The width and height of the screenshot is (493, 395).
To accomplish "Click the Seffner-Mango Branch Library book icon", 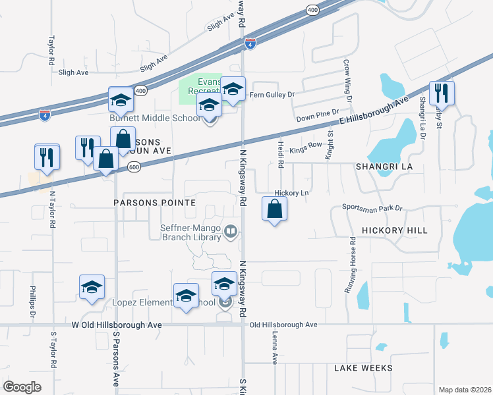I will point(231,231).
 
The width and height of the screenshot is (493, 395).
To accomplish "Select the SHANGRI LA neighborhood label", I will point(384,167).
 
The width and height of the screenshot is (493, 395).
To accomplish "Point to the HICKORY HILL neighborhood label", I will point(394,231).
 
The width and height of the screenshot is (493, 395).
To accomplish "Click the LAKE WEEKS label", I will point(362,368).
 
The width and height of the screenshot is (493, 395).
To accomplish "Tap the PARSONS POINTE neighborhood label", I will point(155,203).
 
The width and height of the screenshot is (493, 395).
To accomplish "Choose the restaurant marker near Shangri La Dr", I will point(442,93).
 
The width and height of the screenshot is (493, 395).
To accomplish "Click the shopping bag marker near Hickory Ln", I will point(274,210).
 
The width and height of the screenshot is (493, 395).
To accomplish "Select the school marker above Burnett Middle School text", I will point(121,101).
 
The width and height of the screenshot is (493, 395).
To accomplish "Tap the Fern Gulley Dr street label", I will point(272,95).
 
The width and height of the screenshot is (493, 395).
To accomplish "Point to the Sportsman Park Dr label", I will point(372,207).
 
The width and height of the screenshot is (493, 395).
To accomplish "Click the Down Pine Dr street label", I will point(317,116).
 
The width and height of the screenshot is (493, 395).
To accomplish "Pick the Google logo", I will point(22,387).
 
